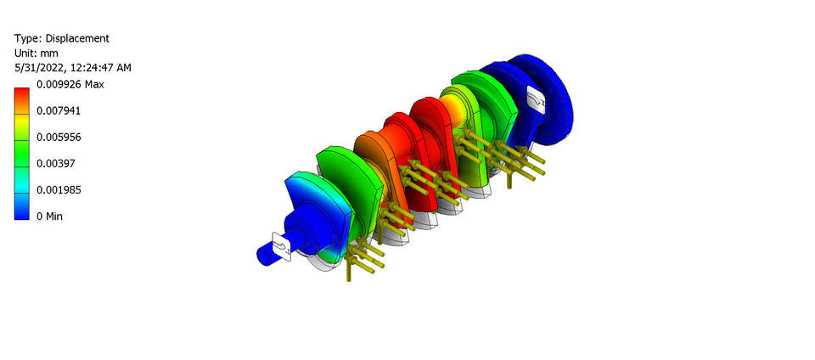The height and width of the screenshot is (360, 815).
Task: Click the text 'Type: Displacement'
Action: pos(62,38)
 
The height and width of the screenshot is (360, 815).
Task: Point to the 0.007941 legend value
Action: pos(59,110)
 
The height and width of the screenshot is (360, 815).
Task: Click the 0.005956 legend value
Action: pos(59,137)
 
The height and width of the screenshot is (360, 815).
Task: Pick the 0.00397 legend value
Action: pos(56,163)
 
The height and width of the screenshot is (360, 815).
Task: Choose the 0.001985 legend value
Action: pos(59,189)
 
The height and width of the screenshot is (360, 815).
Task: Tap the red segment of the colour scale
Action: pos(22,98)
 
